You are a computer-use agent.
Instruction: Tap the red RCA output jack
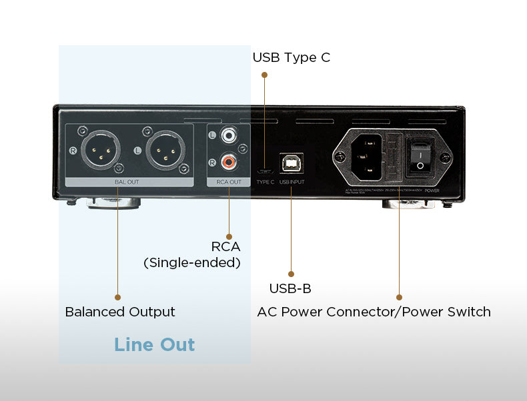[229, 162]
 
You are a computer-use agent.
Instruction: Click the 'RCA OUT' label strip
[229, 181]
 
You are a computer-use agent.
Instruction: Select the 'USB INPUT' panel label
[292, 182]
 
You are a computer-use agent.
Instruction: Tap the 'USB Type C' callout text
[291, 57]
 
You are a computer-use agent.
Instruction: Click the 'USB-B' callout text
[290, 288]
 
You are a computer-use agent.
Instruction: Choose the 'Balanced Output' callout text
[120, 312]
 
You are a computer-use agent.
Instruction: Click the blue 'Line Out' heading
[154, 344]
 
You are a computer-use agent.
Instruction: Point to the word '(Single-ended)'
[192, 262]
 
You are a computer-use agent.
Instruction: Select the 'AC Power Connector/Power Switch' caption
[374, 312]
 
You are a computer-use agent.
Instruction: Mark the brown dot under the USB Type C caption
[264, 75]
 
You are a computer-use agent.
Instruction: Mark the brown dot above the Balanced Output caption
[118, 297]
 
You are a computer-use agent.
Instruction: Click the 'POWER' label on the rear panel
[432, 189]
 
